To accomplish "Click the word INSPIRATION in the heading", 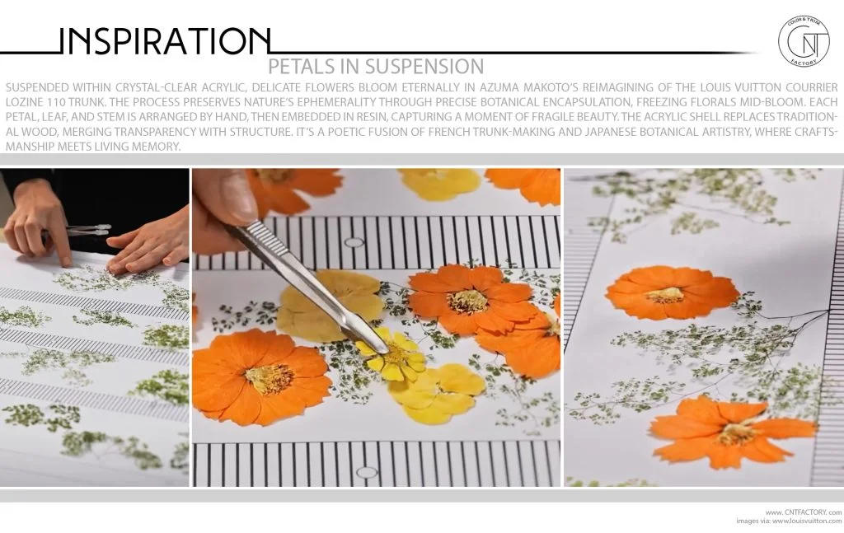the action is pyautogui.click(x=164, y=41).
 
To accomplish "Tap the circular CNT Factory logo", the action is pyautogui.click(x=804, y=41).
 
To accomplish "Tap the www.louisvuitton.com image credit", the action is pyautogui.click(x=807, y=521).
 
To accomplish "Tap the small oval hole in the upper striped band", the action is pyautogui.click(x=354, y=242).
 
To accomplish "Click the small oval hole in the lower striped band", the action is pyautogui.click(x=367, y=473).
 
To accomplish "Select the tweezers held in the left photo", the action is pyautogui.click(x=86, y=230).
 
